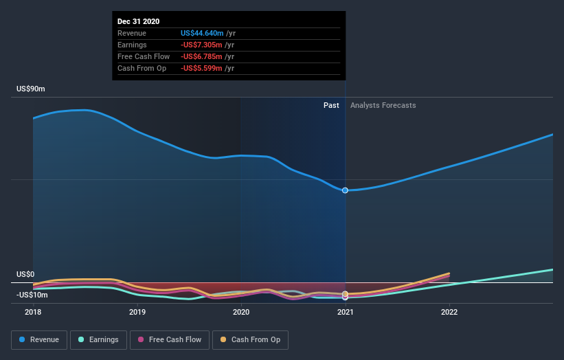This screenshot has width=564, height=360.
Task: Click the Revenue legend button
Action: (40, 339)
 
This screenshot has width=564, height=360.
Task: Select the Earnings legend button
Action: (98, 339)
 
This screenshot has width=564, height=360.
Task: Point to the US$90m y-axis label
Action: (31, 89)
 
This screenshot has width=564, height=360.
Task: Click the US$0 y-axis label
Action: (27, 274)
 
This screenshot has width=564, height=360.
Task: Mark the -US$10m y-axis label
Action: (32, 295)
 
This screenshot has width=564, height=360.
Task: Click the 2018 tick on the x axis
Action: (33, 312)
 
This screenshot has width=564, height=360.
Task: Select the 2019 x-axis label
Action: (137, 312)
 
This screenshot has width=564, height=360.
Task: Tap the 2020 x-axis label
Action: (241, 312)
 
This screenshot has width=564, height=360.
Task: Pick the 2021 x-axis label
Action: (345, 312)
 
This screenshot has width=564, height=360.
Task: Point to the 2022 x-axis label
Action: (449, 312)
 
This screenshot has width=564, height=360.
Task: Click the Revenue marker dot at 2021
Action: (345, 190)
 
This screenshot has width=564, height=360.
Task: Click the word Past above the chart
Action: (331, 105)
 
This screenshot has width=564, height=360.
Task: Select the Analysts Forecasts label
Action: (383, 105)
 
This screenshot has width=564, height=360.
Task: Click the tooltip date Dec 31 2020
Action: (139, 21)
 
